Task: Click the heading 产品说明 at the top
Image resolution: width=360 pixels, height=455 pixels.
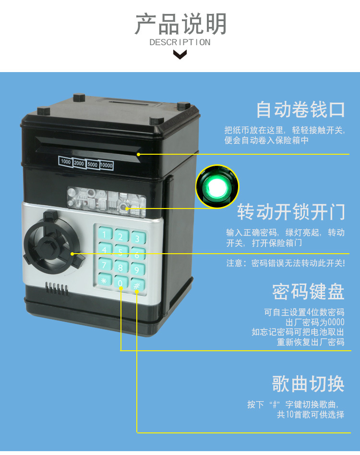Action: pyautogui.click(x=180, y=24)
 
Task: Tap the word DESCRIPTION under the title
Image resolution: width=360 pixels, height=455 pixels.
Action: pyautogui.click(x=180, y=42)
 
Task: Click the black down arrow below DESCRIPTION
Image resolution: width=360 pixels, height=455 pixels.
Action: pyautogui.click(x=180, y=54)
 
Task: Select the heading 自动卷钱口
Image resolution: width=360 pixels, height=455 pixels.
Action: pyautogui.click(x=300, y=110)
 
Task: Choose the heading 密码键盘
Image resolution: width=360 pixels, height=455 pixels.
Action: pyautogui.click(x=308, y=291)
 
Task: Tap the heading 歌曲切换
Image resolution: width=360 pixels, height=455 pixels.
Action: pyautogui.click(x=308, y=383)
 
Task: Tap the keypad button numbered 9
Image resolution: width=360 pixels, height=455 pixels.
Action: pyautogui.click(x=137, y=270)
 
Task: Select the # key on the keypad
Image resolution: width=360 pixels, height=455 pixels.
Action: pyautogui.click(x=137, y=285)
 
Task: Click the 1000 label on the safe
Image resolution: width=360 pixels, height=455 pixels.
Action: pyautogui.click(x=66, y=162)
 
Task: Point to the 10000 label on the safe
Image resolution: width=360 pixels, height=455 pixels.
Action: pyautogui.click(x=107, y=166)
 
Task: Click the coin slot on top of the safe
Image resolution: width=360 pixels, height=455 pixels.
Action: pyautogui.click(x=129, y=103)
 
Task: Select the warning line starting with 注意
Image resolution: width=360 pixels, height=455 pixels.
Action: pyautogui.click(x=286, y=263)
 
